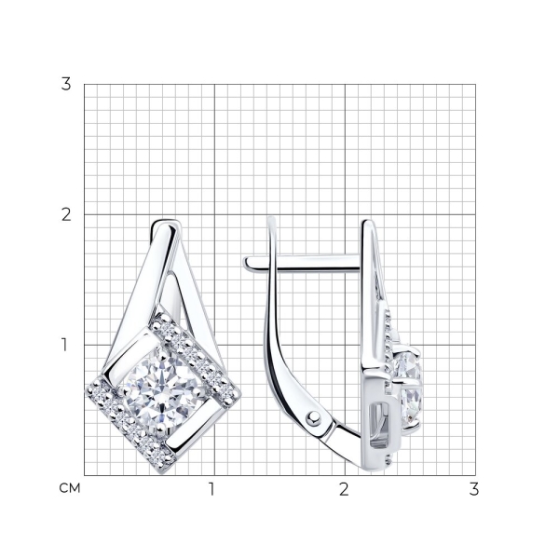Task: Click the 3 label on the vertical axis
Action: coord(66,84)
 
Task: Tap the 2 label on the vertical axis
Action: coord(66,214)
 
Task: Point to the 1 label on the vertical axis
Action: coord(64,345)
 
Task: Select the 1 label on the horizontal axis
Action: coord(211,489)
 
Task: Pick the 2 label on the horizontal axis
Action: coord(344,489)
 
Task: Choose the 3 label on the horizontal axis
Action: coord(474,489)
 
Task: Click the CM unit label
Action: coord(70,488)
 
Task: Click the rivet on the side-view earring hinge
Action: coord(313,417)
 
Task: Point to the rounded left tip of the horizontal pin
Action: coord(247,263)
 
